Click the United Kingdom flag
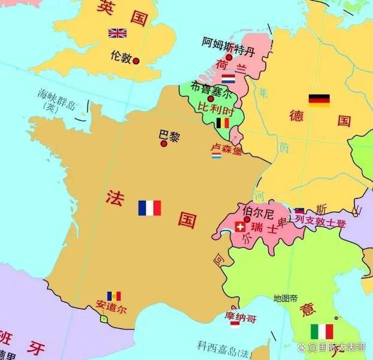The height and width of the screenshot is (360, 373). tap(117, 33)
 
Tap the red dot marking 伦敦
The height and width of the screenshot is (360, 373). tap(136, 61)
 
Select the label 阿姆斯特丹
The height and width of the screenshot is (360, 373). tap(228, 43)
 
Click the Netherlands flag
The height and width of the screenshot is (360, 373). tap(228, 78)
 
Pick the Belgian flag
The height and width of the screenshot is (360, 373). tap(223, 123)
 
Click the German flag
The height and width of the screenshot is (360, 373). tap(319, 100)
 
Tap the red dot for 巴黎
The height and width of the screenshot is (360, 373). tap(163, 144)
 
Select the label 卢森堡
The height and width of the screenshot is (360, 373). tap(226, 147)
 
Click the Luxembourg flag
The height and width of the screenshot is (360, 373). tap(216, 156)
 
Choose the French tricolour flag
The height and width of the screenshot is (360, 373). tap(150, 208)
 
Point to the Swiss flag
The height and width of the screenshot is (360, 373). tap(241, 227)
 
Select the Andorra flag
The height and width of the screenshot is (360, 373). tap(114, 296)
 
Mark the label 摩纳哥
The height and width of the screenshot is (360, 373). tap(239, 315)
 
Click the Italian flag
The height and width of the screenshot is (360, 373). tap(322, 332)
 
